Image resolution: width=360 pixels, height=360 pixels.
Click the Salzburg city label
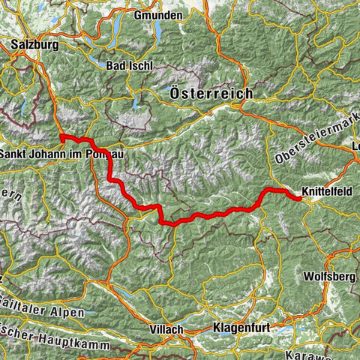point(34,44)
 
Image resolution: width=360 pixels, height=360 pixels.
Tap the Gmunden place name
point(157,15)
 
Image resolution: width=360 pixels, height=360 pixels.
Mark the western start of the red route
point(61,136)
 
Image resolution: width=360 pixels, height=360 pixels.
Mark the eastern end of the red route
point(300,199)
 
